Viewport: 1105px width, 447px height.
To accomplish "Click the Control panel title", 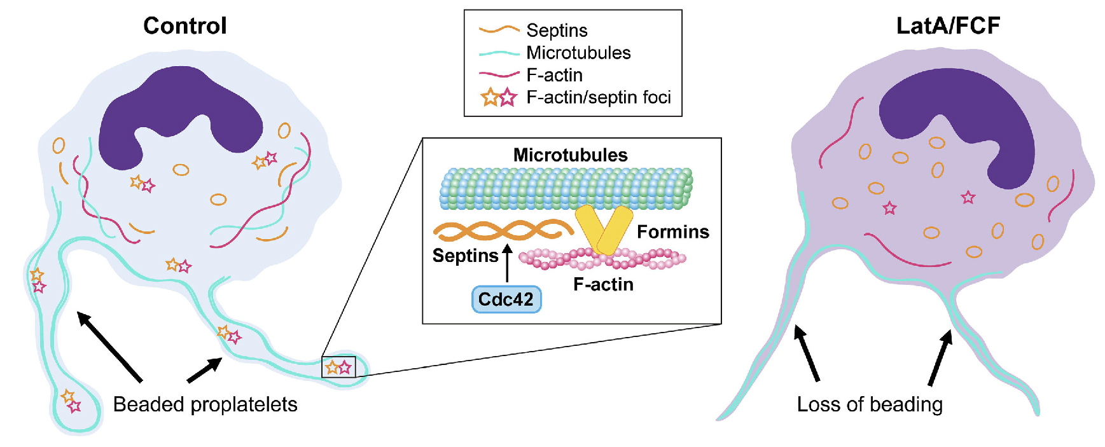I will pos(184,26).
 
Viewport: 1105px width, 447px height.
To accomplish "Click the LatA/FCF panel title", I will pos(947,26).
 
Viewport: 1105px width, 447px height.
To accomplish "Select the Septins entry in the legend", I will pos(557,31).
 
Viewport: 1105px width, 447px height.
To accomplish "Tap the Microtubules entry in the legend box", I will pos(578,53).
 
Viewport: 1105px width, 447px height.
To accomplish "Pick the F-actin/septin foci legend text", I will pos(599,97).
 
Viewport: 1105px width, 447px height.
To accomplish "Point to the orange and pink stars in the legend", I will pos(499,98).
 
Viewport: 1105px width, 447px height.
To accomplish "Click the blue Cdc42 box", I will pos(506,299).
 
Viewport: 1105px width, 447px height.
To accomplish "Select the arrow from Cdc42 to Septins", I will pos(507,263).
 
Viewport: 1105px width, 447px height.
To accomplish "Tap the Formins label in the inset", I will pos(672,232).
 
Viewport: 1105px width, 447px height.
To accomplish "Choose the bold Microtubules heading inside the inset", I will pos(570,155).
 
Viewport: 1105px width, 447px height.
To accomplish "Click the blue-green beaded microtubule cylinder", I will pos(566,189).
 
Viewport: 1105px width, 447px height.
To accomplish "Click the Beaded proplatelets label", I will pos(205,404).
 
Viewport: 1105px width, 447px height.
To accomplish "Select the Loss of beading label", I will pos(870,404).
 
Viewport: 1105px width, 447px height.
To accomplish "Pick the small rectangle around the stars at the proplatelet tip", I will pos(338,367).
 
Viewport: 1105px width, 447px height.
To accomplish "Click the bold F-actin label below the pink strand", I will pos(603,284).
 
